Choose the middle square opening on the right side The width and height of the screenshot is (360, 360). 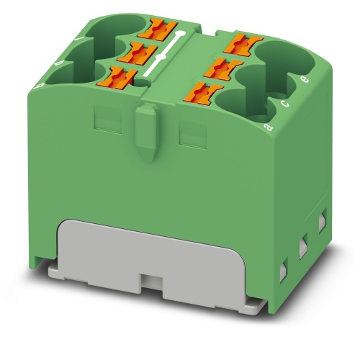coord(302,245)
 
